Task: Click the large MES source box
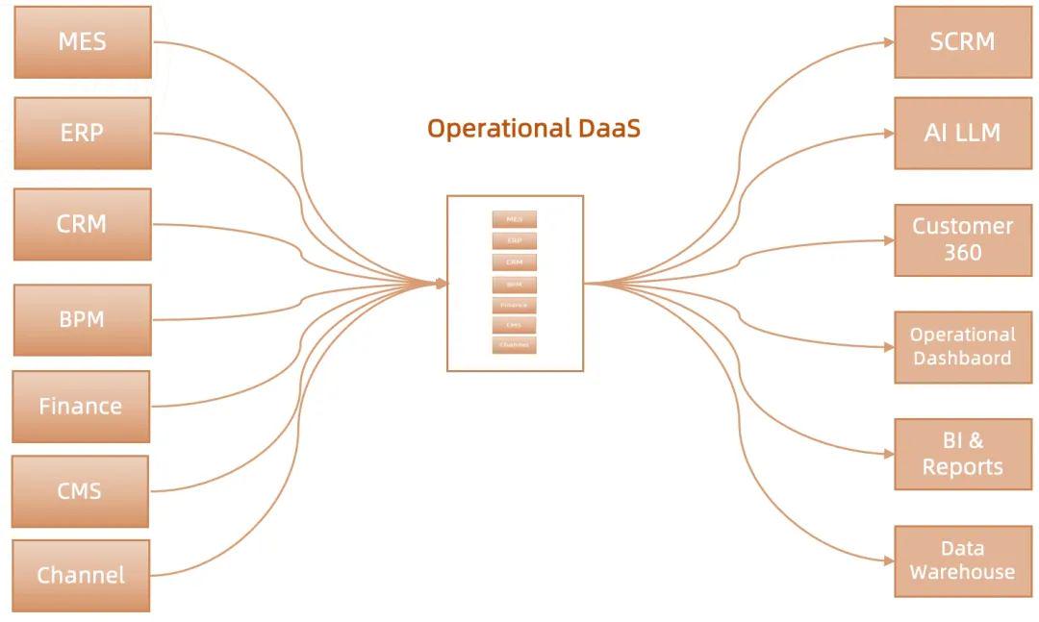click(83, 42)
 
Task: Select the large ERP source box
click(83, 133)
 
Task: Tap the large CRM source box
click(83, 224)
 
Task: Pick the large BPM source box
click(83, 319)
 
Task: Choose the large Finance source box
click(81, 406)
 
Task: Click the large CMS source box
click(80, 491)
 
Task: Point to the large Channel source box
click(81, 575)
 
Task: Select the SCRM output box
click(962, 42)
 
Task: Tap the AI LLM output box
click(962, 133)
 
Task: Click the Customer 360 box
click(962, 239)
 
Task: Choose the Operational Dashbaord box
click(962, 347)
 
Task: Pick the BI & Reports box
click(962, 454)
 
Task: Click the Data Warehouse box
click(962, 560)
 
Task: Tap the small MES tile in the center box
click(514, 220)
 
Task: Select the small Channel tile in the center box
click(514, 345)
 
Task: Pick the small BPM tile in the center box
click(514, 285)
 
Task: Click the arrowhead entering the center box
click(442, 284)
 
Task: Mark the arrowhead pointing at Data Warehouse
click(889, 560)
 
